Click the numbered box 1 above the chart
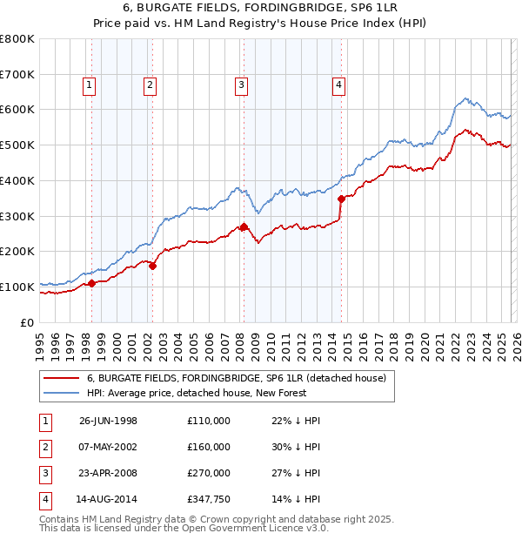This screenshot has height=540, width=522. click(x=90, y=84)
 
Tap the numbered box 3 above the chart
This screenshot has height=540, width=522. click(x=241, y=84)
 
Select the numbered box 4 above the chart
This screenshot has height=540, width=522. click(x=338, y=84)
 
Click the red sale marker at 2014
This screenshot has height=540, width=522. click(x=341, y=199)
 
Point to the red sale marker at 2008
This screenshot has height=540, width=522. click(x=244, y=226)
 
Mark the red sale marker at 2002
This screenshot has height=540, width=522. click(x=152, y=266)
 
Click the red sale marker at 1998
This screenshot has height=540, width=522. click(x=92, y=283)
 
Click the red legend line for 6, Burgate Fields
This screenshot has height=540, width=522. click(x=62, y=379)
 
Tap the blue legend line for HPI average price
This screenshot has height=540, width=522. click(x=62, y=394)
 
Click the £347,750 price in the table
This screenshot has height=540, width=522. click(x=209, y=501)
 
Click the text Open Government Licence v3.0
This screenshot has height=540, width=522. click(x=251, y=528)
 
